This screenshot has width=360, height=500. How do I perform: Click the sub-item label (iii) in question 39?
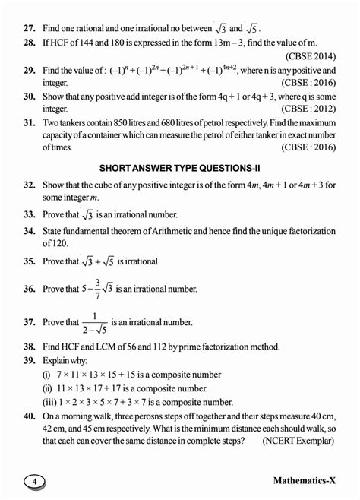tap(49, 402)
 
